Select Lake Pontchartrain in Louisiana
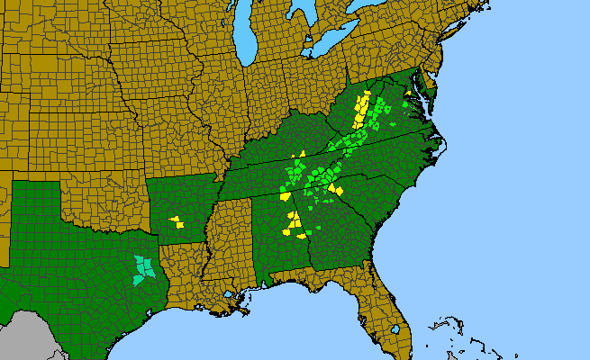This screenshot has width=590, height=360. pos(235,295)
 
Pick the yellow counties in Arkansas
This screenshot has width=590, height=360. pos(176,220)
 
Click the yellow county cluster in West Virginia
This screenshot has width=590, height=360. pos(362,112)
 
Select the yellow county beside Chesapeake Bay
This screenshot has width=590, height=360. pos(409,94)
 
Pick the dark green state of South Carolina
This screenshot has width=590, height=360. pos(365,202)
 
